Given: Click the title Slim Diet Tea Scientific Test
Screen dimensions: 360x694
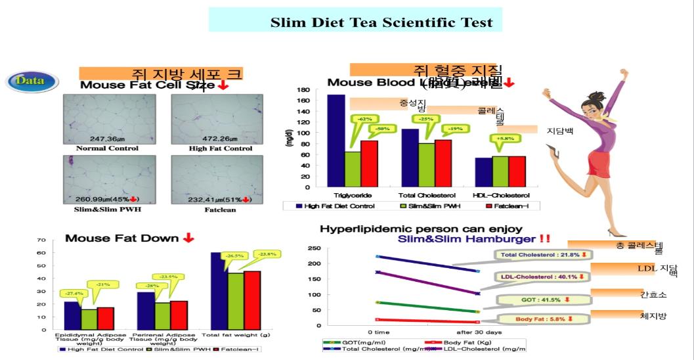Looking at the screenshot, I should [x=381, y=22].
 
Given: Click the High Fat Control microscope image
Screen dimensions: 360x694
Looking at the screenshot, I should [x=217, y=119].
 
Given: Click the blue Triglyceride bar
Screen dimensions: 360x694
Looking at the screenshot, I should [x=336, y=141].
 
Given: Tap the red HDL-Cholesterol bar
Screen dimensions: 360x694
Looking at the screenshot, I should [x=517, y=171].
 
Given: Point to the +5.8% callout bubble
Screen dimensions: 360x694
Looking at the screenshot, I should [x=505, y=138].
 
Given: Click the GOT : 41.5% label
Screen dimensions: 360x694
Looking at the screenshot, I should [x=534, y=300].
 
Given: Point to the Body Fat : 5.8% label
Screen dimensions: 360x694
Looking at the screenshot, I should [x=534, y=319].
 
